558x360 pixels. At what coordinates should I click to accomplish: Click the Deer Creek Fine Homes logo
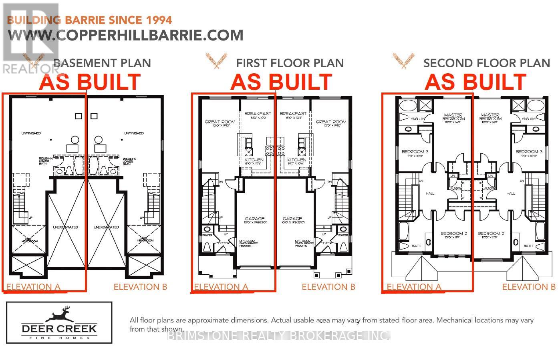coord(59,323)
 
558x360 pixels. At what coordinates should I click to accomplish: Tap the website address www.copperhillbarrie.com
coord(125,35)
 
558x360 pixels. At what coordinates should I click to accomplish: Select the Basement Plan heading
coord(102,63)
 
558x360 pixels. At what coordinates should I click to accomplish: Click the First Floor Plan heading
coord(290,63)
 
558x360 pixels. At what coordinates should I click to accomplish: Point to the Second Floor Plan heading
coord(487,63)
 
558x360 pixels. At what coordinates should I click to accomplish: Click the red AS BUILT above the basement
coord(90,82)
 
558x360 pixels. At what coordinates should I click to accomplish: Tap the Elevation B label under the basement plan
coord(140,287)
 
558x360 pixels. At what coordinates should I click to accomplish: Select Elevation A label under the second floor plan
coord(414,287)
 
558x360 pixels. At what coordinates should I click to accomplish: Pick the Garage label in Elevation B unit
coord(292,219)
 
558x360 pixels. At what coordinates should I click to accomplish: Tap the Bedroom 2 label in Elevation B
coord(491,233)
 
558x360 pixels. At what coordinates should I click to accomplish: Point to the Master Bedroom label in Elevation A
coord(453,117)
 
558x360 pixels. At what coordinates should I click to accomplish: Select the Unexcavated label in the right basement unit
coord(106,227)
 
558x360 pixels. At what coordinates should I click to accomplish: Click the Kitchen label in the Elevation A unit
coord(254,160)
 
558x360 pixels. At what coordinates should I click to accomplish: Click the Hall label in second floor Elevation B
coord(510,193)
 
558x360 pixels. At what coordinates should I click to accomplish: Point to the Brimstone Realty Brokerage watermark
coord(278,336)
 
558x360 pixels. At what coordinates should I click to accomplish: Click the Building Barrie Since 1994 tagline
coord(90,20)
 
